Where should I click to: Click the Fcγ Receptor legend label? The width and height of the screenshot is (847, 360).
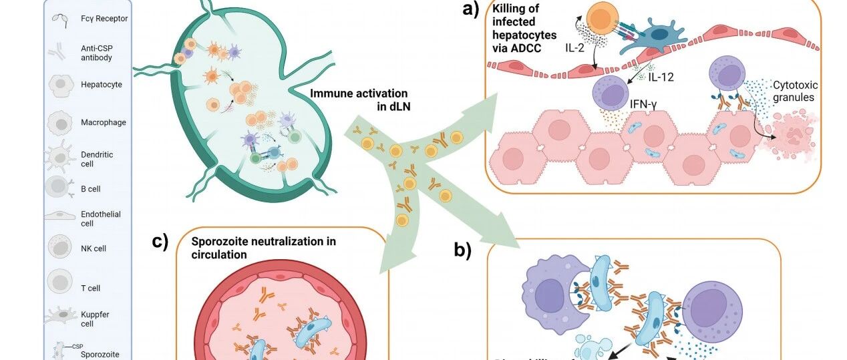104,19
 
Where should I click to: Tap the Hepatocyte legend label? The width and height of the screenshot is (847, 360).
102,85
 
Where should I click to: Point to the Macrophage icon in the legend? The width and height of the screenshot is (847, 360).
60,123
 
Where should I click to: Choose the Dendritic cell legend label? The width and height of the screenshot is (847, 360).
97,159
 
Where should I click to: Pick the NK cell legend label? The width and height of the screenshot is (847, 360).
94,248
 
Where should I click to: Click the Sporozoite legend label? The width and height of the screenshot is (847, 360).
100,354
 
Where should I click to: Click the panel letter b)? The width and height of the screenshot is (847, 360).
463,250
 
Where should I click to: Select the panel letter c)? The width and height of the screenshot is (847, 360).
160,241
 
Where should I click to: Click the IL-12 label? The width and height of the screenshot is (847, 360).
661,77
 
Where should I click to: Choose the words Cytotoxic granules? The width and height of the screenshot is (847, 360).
795,92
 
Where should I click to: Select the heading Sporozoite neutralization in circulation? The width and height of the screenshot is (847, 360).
263,247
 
